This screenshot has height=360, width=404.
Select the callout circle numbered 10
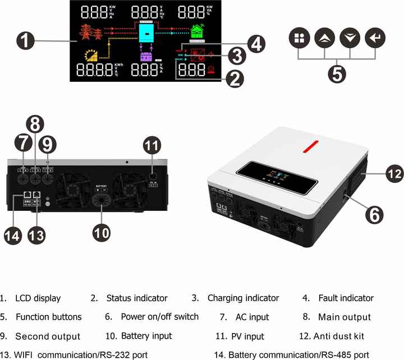[102, 232]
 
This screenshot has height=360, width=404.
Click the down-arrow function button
[349, 39]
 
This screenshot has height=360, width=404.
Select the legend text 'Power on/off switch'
[159, 317]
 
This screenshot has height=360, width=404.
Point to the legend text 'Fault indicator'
[346, 298]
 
